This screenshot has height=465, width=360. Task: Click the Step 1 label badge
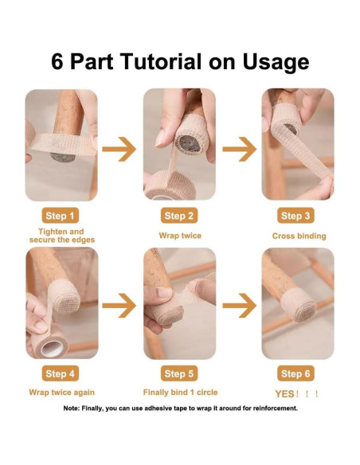(61, 216)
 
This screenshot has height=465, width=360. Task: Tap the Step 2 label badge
(179, 216)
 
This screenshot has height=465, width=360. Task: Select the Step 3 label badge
(295, 216)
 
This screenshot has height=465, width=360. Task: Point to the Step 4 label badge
(61, 373)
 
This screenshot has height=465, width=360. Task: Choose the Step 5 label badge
(179, 373)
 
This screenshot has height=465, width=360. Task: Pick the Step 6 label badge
(295, 373)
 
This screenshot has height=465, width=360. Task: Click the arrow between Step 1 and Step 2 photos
(119, 149)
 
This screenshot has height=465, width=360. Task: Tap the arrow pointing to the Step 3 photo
(239, 149)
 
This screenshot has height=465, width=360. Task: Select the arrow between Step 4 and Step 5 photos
(119, 306)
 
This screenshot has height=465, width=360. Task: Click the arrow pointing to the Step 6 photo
(239, 306)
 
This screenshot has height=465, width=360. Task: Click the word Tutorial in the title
(161, 61)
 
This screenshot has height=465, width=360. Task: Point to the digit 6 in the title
(57, 61)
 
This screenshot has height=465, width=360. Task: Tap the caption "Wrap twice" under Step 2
(180, 236)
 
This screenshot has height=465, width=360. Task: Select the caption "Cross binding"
(299, 236)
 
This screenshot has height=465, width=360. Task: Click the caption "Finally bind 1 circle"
(180, 393)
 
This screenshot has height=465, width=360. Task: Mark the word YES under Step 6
(284, 394)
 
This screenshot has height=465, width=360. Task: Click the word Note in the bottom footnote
(71, 408)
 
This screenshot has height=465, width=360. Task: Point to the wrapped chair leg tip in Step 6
(298, 306)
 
